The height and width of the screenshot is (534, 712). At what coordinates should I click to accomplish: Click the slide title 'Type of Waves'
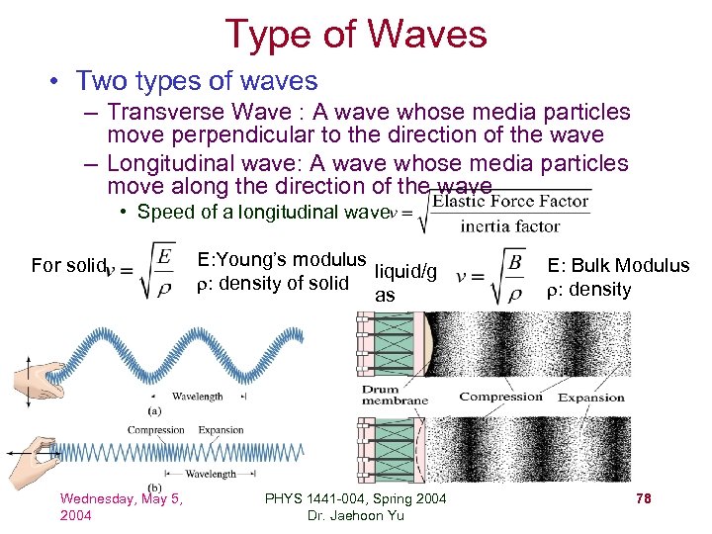tap(356, 34)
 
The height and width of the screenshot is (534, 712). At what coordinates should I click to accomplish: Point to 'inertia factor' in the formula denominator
tap(509, 226)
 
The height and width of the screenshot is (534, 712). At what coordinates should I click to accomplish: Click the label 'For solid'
tap(67, 265)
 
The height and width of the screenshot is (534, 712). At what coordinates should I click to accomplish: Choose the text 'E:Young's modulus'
tap(282, 260)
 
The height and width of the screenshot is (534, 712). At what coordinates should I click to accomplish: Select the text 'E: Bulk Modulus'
tap(617, 265)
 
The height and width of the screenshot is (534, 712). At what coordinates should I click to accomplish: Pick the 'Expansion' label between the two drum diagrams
tap(591, 398)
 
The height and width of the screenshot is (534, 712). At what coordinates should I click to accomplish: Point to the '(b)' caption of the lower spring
tap(155, 488)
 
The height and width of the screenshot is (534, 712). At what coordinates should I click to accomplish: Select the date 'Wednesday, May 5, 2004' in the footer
tap(122, 506)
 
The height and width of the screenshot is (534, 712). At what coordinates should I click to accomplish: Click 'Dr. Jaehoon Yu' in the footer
tap(356, 516)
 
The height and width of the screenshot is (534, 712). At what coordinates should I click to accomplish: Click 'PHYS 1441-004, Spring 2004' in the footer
tap(356, 497)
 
